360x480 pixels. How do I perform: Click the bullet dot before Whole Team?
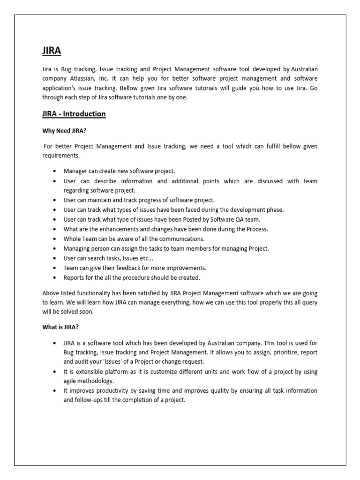(x=56, y=239)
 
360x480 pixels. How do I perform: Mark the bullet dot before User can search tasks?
(x=56, y=258)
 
